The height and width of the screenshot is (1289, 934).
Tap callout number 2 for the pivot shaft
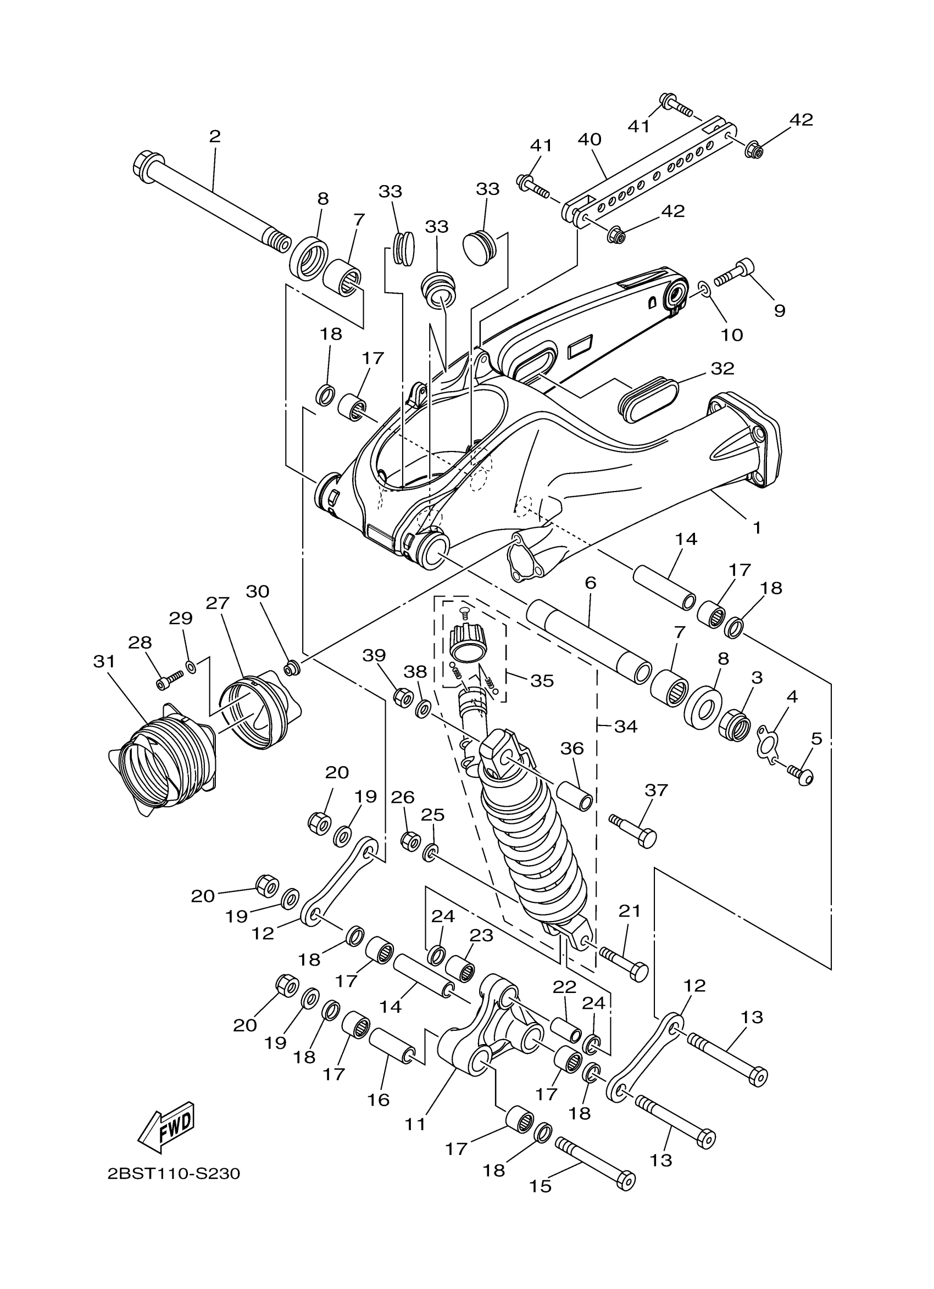215,136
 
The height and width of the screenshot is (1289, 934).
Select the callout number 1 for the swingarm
757,527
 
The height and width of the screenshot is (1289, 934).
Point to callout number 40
590,140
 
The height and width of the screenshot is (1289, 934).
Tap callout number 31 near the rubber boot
104,662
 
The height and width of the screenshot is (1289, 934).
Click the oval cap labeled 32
648,397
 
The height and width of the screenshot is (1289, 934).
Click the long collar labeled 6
588,637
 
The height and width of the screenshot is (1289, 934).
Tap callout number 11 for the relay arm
415,1124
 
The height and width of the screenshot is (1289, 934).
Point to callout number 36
572,749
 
